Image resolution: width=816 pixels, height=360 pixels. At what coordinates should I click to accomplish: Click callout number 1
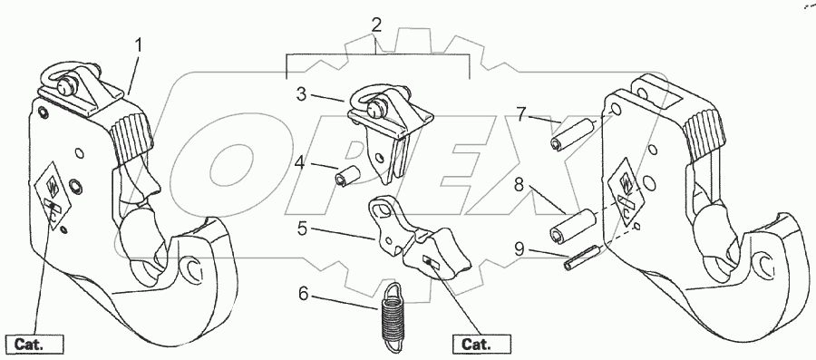tap(139, 45)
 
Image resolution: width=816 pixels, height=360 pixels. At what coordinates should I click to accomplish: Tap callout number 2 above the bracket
tap(377, 25)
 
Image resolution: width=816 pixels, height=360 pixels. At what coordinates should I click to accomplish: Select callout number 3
tap(302, 94)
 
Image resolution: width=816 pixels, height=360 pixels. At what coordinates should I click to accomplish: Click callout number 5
tap(302, 229)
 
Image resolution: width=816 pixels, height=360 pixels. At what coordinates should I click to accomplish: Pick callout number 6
tap(304, 295)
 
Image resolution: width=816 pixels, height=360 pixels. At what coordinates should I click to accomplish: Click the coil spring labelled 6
tap(393, 313)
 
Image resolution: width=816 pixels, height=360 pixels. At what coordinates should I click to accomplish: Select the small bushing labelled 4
tap(347, 174)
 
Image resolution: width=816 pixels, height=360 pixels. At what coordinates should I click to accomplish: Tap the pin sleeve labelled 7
tap(570, 134)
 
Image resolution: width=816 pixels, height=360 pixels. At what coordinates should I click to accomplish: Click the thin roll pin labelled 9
tap(582, 257)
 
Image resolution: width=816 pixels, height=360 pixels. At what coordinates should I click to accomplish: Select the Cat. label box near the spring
tap(481, 345)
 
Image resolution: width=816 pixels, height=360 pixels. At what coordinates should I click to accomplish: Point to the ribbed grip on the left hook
tap(131, 135)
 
